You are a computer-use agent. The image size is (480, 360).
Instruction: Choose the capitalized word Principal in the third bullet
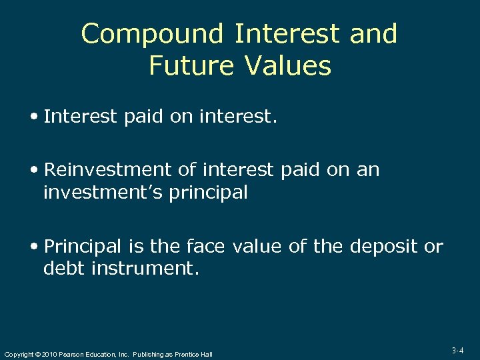(x=84, y=247)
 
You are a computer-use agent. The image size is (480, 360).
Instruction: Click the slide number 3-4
(x=457, y=350)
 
